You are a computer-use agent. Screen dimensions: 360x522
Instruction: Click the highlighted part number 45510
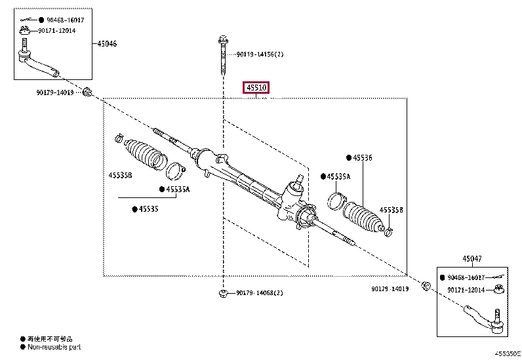coord(256,87)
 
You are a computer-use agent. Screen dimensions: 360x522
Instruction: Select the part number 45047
coord(472,259)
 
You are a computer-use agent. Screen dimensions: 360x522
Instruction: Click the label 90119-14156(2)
coord(260,54)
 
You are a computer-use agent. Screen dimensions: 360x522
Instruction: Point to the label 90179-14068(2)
coord(260,292)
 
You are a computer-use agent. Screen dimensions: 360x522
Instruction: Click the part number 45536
coord(362,157)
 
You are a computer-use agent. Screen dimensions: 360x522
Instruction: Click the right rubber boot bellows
coord(363,217)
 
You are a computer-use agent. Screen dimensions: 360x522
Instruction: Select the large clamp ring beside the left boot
coord(175,172)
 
